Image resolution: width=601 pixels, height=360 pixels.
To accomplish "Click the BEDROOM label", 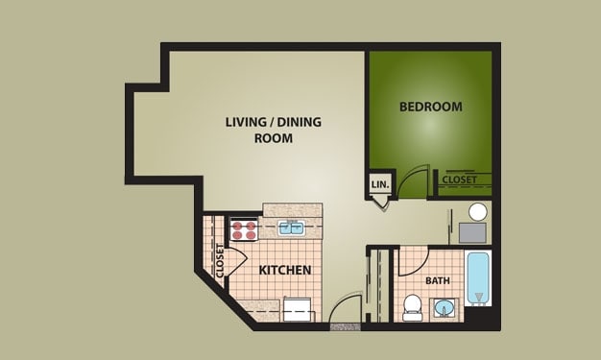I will click(x=430, y=107).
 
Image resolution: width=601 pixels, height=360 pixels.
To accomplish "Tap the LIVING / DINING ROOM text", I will click(x=259, y=130).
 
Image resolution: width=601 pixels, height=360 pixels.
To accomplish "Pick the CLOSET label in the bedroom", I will click(x=460, y=180).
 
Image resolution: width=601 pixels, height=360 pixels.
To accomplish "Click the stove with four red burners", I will click(x=244, y=229).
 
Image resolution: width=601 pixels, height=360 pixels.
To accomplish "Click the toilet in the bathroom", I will click(x=413, y=306).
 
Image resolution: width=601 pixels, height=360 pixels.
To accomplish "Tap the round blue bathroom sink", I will click(x=445, y=309).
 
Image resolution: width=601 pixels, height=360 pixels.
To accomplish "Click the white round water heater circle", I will click(x=477, y=212).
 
